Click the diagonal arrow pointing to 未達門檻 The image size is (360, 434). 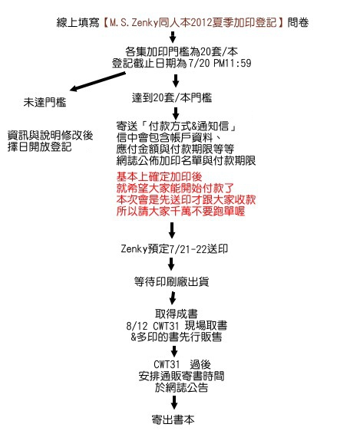pyautogui.click(x=97, y=81)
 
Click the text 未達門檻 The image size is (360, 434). pyautogui.click(x=45, y=103)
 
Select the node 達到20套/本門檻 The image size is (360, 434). pyautogui.click(x=172, y=97)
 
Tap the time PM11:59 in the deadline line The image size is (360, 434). pyautogui.click(x=233, y=63)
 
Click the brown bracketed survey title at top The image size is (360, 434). pyautogui.click(x=193, y=22)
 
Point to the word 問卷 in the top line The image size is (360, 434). pyautogui.click(x=298, y=22)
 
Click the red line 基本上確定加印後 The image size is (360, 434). pyautogui.click(x=159, y=176)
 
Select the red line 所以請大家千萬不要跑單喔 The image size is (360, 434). pyautogui.click(x=180, y=211)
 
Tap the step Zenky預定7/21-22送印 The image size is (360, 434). pyautogui.click(x=174, y=249)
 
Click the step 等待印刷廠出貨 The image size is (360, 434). pyautogui.click(x=171, y=281)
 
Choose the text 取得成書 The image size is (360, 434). pyautogui.click(x=177, y=314)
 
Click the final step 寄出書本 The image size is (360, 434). pyautogui.click(x=173, y=419)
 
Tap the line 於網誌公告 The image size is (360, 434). pyautogui.click(x=181, y=387)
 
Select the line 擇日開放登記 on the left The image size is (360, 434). pyautogui.click(x=40, y=146)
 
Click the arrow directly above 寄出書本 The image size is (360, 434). pyautogui.click(x=173, y=402)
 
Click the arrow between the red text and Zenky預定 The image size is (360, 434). pyautogui.click(x=172, y=230)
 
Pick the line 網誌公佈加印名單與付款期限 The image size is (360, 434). pyautogui.click(x=186, y=160)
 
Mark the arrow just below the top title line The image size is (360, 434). pyautogui.click(x=173, y=37)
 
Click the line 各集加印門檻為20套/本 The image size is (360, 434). pyautogui.click(x=181, y=51)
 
